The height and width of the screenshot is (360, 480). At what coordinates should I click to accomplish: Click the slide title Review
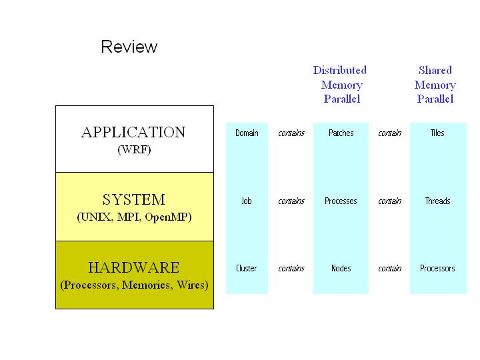click(x=129, y=47)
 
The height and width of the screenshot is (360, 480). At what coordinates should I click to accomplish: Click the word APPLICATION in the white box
click(x=133, y=132)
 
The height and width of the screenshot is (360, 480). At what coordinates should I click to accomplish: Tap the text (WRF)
click(x=134, y=149)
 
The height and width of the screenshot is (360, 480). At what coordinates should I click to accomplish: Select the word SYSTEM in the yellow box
click(x=133, y=199)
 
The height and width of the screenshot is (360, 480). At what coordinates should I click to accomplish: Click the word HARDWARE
click(x=133, y=268)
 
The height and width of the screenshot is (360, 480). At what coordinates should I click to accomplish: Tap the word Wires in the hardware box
click(x=192, y=285)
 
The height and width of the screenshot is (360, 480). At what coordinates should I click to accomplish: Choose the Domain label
click(x=247, y=133)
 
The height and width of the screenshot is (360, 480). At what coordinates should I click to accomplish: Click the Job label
click(x=247, y=201)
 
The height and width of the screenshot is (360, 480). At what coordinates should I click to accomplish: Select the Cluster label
click(x=247, y=269)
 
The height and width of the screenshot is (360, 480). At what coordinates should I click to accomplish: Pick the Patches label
click(x=341, y=133)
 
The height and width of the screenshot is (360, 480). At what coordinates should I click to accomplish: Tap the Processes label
click(x=341, y=201)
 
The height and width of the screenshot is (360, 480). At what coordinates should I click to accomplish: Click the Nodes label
click(x=341, y=269)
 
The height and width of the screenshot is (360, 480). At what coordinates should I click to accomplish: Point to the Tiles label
click(x=437, y=133)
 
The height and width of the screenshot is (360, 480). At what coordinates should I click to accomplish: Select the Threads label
click(x=437, y=201)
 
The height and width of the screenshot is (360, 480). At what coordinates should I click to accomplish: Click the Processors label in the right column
click(x=437, y=269)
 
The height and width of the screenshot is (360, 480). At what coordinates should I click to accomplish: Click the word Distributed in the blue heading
click(x=340, y=70)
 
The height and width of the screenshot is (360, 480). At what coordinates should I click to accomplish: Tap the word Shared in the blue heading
click(x=435, y=70)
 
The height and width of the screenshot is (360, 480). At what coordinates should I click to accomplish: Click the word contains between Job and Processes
click(x=291, y=201)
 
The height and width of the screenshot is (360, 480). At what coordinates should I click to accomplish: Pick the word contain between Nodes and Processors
click(x=389, y=269)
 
